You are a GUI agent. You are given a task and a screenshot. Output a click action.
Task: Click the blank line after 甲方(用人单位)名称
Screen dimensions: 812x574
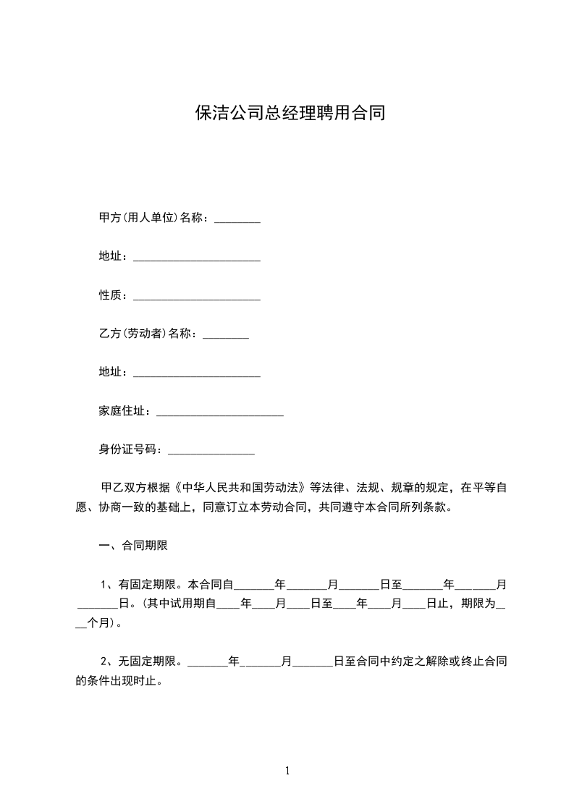tap(237, 219)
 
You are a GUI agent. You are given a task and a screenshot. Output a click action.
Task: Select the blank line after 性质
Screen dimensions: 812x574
tap(197, 296)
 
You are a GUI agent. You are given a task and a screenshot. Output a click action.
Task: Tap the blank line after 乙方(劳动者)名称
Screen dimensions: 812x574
tap(226, 335)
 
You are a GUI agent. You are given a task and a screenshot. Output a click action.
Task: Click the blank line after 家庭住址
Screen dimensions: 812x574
tap(219, 412)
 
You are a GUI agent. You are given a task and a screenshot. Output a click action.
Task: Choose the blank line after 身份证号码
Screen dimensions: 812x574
tap(211, 450)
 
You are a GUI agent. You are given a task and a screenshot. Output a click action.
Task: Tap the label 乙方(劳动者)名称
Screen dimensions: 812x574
tap(148, 334)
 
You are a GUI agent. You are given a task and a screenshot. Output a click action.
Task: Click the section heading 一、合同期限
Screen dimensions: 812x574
tap(133, 546)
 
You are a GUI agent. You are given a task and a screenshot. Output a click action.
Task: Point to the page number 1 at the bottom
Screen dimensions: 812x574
tap(287, 771)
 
